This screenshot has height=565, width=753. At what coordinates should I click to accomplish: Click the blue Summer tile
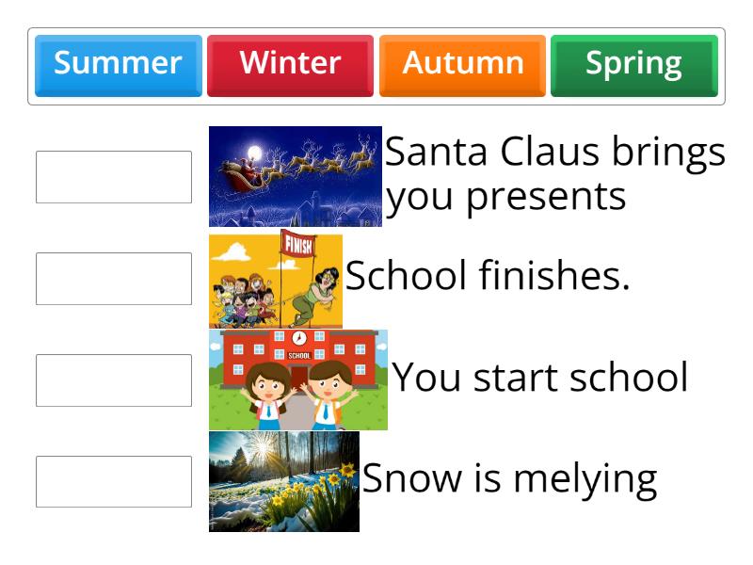(118, 64)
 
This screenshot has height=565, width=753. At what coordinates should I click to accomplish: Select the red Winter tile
(290, 64)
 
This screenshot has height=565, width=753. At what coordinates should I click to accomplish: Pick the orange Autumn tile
(462, 64)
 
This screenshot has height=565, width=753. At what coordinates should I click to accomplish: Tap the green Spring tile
(633, 64)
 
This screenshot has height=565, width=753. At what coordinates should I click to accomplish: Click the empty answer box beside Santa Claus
(114, 177)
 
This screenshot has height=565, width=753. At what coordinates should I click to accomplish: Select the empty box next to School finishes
(114, 279)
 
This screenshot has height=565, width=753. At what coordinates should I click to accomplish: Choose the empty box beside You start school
(114, 380)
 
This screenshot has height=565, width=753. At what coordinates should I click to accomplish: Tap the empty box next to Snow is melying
(114, 482)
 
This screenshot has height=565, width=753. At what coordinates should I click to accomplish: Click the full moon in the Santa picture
(253, 151)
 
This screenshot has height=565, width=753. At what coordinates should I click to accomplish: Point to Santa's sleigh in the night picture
(241, 172)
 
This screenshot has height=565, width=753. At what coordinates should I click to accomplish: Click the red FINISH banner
(299, 248)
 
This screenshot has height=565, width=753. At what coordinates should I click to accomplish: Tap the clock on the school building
(299, 338)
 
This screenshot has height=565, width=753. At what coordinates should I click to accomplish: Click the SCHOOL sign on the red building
(299, 356)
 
